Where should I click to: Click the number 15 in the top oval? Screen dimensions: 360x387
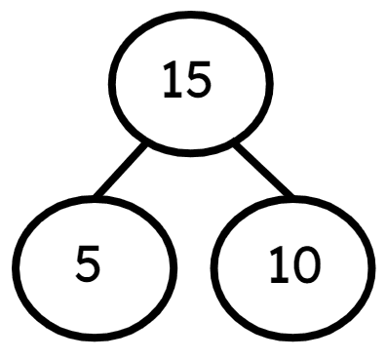[187, 82]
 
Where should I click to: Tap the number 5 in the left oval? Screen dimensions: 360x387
[88, 265]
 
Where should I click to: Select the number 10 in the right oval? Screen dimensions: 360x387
[292, 265]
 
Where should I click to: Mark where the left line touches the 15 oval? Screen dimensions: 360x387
[146, 144]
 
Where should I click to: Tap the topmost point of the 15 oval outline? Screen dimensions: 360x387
[189, 13]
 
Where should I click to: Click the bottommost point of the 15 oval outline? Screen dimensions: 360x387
[189, 153]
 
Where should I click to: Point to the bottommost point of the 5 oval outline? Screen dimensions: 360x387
[95, 339]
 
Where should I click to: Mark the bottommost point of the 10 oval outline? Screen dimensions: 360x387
[291, 339]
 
